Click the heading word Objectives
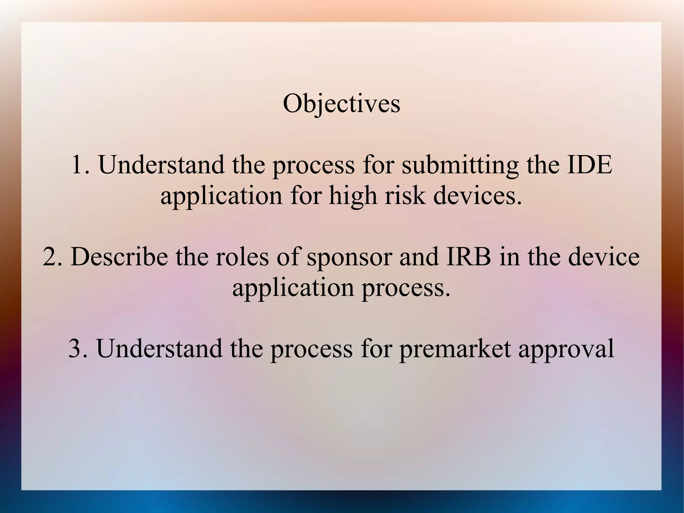[341, 104]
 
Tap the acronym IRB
[469, 257]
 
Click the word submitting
[460, 165]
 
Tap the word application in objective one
[221, 196]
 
